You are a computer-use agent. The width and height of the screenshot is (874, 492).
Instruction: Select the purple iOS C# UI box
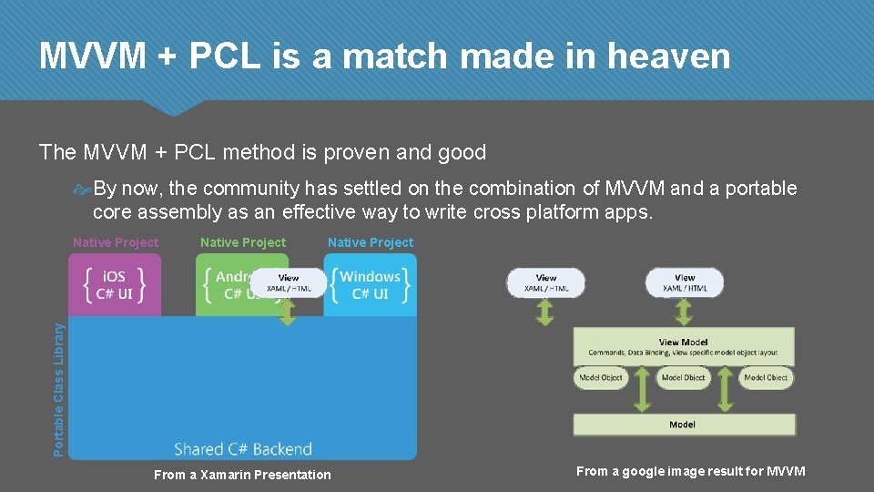point(114,285)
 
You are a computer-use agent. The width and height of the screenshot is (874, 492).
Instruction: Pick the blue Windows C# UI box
point(370,285)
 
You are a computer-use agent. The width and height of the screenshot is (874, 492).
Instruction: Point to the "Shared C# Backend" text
point(243,448)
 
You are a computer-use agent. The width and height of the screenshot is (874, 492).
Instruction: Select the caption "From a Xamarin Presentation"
point(242,475)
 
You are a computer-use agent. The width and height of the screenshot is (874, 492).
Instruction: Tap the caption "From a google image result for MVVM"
point(690,471)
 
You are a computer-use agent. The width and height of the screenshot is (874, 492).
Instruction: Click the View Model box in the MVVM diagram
point(683,347)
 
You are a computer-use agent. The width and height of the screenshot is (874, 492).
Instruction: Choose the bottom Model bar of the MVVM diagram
point(683,425)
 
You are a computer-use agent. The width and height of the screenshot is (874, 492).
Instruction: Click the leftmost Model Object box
point(601,377)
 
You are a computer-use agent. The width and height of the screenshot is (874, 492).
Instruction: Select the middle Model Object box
point(683,377)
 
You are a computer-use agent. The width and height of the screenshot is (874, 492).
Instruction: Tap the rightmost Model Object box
point(766,377)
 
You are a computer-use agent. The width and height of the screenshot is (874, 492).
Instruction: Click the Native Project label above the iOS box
point(116,242)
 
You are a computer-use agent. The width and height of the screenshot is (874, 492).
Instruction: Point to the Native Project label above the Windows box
point(371,242)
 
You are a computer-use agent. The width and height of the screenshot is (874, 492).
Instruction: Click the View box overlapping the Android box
point(289,282)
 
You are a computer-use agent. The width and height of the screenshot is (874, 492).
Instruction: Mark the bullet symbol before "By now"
point(82,190)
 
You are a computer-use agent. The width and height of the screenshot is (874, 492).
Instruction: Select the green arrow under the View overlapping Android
point(288,312)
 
